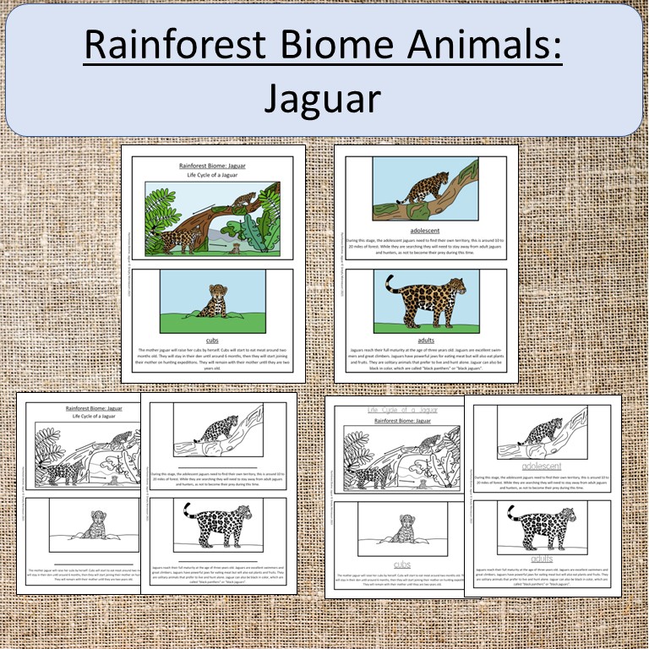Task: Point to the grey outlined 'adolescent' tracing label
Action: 542,466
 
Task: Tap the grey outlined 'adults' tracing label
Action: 542,559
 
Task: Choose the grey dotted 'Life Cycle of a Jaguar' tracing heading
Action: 402,409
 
